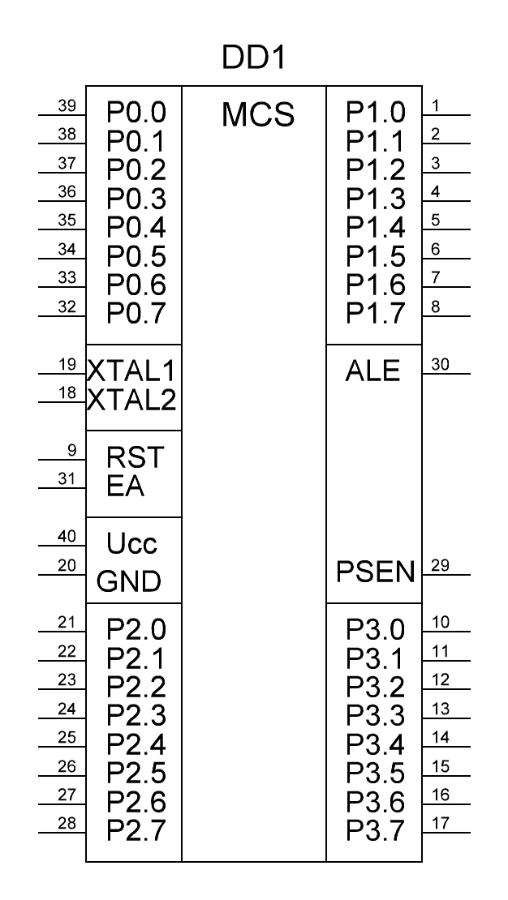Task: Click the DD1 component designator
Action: pyautogui.click(x=253, y=58)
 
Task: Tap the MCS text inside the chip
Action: pyautogui.click(x=258, y=115)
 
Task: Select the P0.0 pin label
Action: pyautogui.click(x=136, y=113)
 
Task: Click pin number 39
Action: pyautogui.click(x=67, y=105)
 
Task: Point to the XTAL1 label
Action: pyautogui.click(x=131, y=371)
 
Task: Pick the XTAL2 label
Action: pyautogui.click(x=131, y=400)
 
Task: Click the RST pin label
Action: pyautogui.click(x=136, y=457)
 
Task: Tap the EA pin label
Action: pyautogui.click(x=125, y=486)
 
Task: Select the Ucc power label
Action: pyautogui.click(x=131, y=543)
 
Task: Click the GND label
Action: pyautogui.click(x=129, y=581)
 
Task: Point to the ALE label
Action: pyautogui.click(x=372, y=371)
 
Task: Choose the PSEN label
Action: pyautogui.click(x=375, y=572)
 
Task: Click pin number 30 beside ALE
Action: pyautogui.click(x=440, y=365)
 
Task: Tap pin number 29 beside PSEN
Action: pyautogui.click(x=440, y=565)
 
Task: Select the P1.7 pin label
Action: pyautogui.click(x=375, y=314)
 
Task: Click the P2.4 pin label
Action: pyautogui.click(x=136, y=744)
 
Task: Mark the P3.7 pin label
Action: pyautogui.click(x=375, y=830)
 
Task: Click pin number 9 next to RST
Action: pyautogui.click(x=72, y=451)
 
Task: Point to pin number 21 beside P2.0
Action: pyautogui.click(x=67, y=623)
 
